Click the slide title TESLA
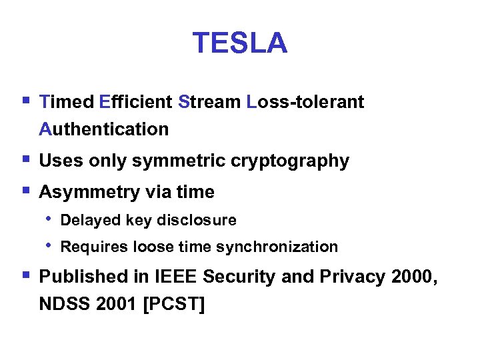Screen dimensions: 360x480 click(240, 43)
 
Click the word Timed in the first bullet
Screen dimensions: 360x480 click(67, 102)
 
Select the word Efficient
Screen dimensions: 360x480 click(136, 102)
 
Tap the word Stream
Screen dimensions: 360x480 click(210, 102)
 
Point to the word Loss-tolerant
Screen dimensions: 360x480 click(305, 102)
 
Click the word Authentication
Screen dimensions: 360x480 click(104, 129)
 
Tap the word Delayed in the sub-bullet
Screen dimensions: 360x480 click(85, 220)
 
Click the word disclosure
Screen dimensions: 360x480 click(203, 220)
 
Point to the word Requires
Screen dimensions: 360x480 click(90, 247)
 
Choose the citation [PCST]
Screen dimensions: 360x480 click(170, 304)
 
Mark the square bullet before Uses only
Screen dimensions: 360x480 click(25, 160)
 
